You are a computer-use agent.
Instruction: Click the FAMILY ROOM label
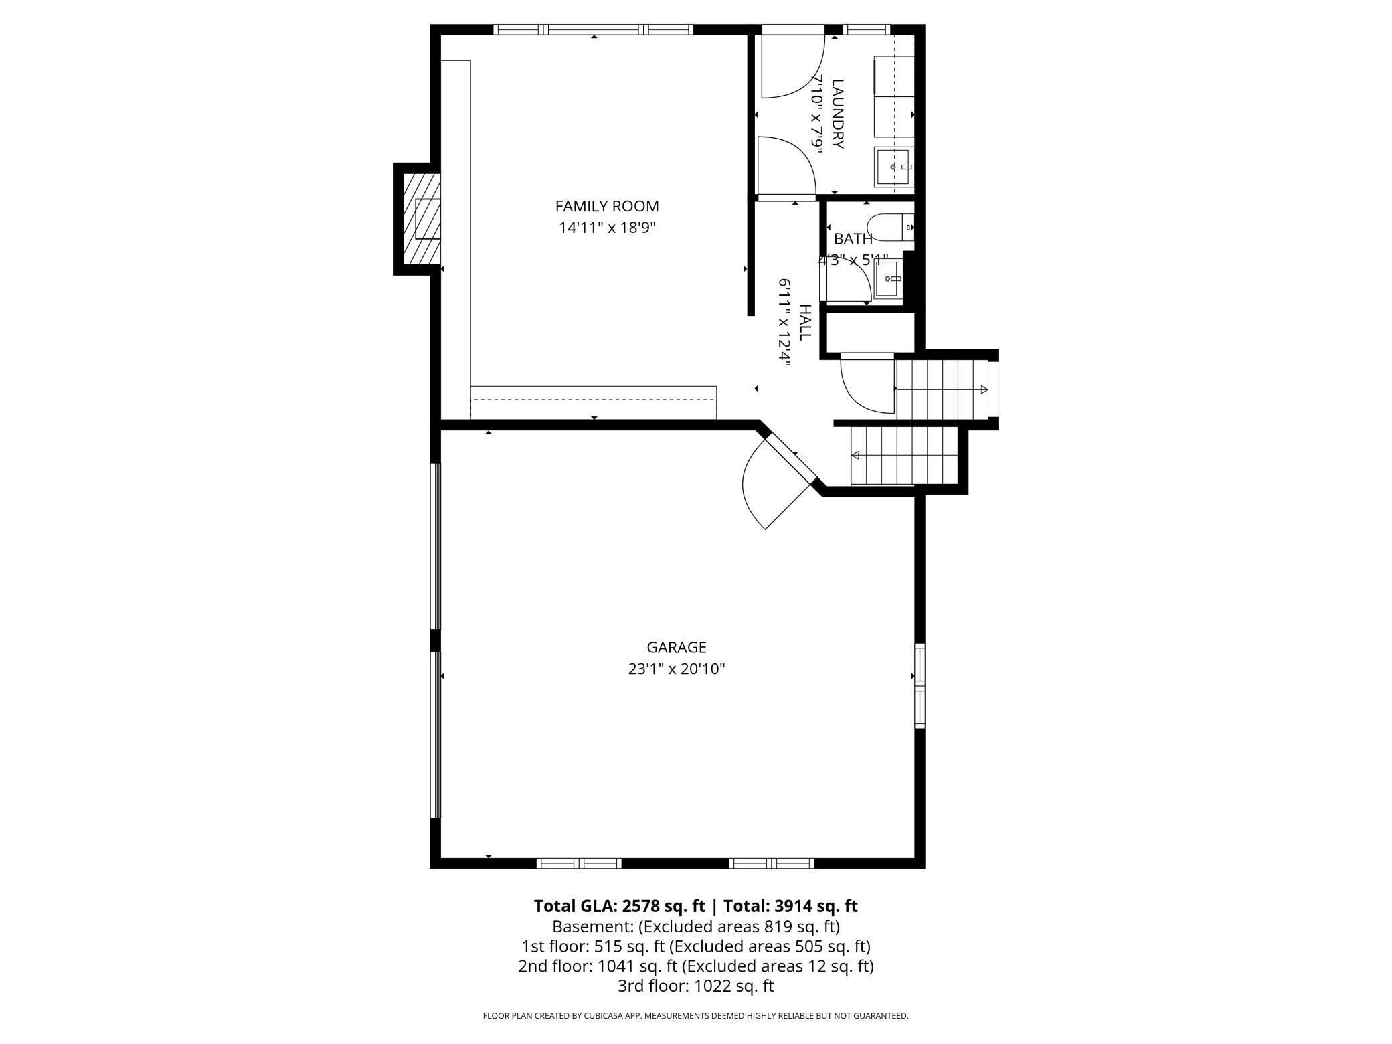pyautogui.click(x=607, y=206)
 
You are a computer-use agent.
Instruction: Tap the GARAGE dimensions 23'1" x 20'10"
pyautogui.click(x=676, y=669)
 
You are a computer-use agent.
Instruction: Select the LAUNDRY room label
pyautogui.click(x=838, y=114)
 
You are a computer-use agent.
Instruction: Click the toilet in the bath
pyautogui.click(x=889, y=227)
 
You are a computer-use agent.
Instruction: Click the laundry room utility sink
pyautogui.click(x=893, y=167)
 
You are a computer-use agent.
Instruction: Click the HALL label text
pyautogui.click(x=805, y=323)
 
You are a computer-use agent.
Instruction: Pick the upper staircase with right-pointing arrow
pyautogui.click(x=942, y=389)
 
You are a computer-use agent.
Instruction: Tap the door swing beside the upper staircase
pyautogui.click(x=867, y=386)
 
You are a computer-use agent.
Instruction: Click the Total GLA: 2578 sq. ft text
pyautogui.click(x=619, y=906)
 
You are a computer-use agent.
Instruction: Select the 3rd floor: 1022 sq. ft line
pyautogui.click(x=695, y=986)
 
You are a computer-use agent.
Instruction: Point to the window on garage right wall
pyautogui.click(x=920, y=686)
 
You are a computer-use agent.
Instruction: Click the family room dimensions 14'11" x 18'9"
pyautogui.click(x=607, y=228)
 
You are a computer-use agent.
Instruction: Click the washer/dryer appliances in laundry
pyautogui.click(x=894, y=96)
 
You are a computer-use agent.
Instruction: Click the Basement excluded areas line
pyautogui.click(x=695, y=926)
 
